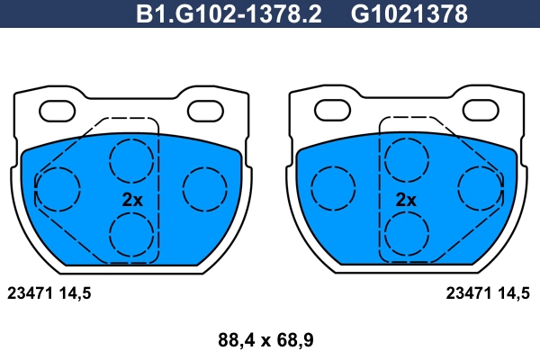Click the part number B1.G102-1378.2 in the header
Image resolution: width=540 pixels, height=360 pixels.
coord(229,14)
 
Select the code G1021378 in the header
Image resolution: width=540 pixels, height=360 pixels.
coord(409,14)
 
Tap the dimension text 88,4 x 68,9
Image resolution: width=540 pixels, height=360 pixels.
coord(265,340)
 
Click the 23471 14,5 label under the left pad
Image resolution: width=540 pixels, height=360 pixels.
coord(49,293)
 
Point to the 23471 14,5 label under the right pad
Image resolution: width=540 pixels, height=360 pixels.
coord(488,293)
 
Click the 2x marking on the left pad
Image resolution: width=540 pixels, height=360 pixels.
coord(132,200)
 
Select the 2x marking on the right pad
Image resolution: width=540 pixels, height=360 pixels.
coord(406,200)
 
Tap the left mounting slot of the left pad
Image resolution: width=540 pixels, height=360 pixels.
coord(58,112)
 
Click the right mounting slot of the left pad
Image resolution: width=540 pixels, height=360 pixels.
coord(205,112)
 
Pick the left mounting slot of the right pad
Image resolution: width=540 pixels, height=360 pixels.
coord(333,110)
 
